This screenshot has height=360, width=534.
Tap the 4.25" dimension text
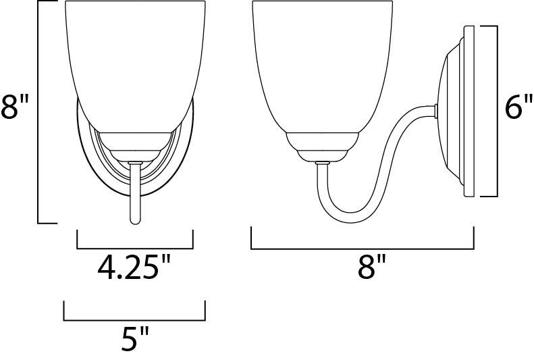tap(134, 267)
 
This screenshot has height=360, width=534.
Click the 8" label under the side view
tap(371, 267)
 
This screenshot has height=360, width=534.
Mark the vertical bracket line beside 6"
tap(498, 111)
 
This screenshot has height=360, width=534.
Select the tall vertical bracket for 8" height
tap(38, 111)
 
